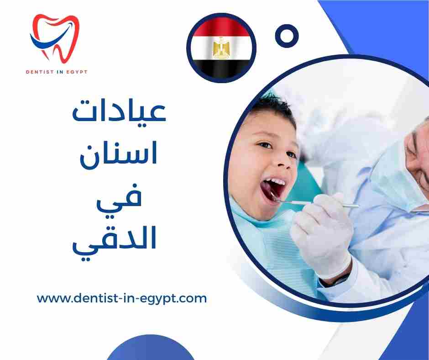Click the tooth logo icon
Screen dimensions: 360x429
click(54, 39)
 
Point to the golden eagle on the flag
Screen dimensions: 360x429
click(221, 47)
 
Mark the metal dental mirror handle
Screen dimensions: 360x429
click(319, 203)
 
